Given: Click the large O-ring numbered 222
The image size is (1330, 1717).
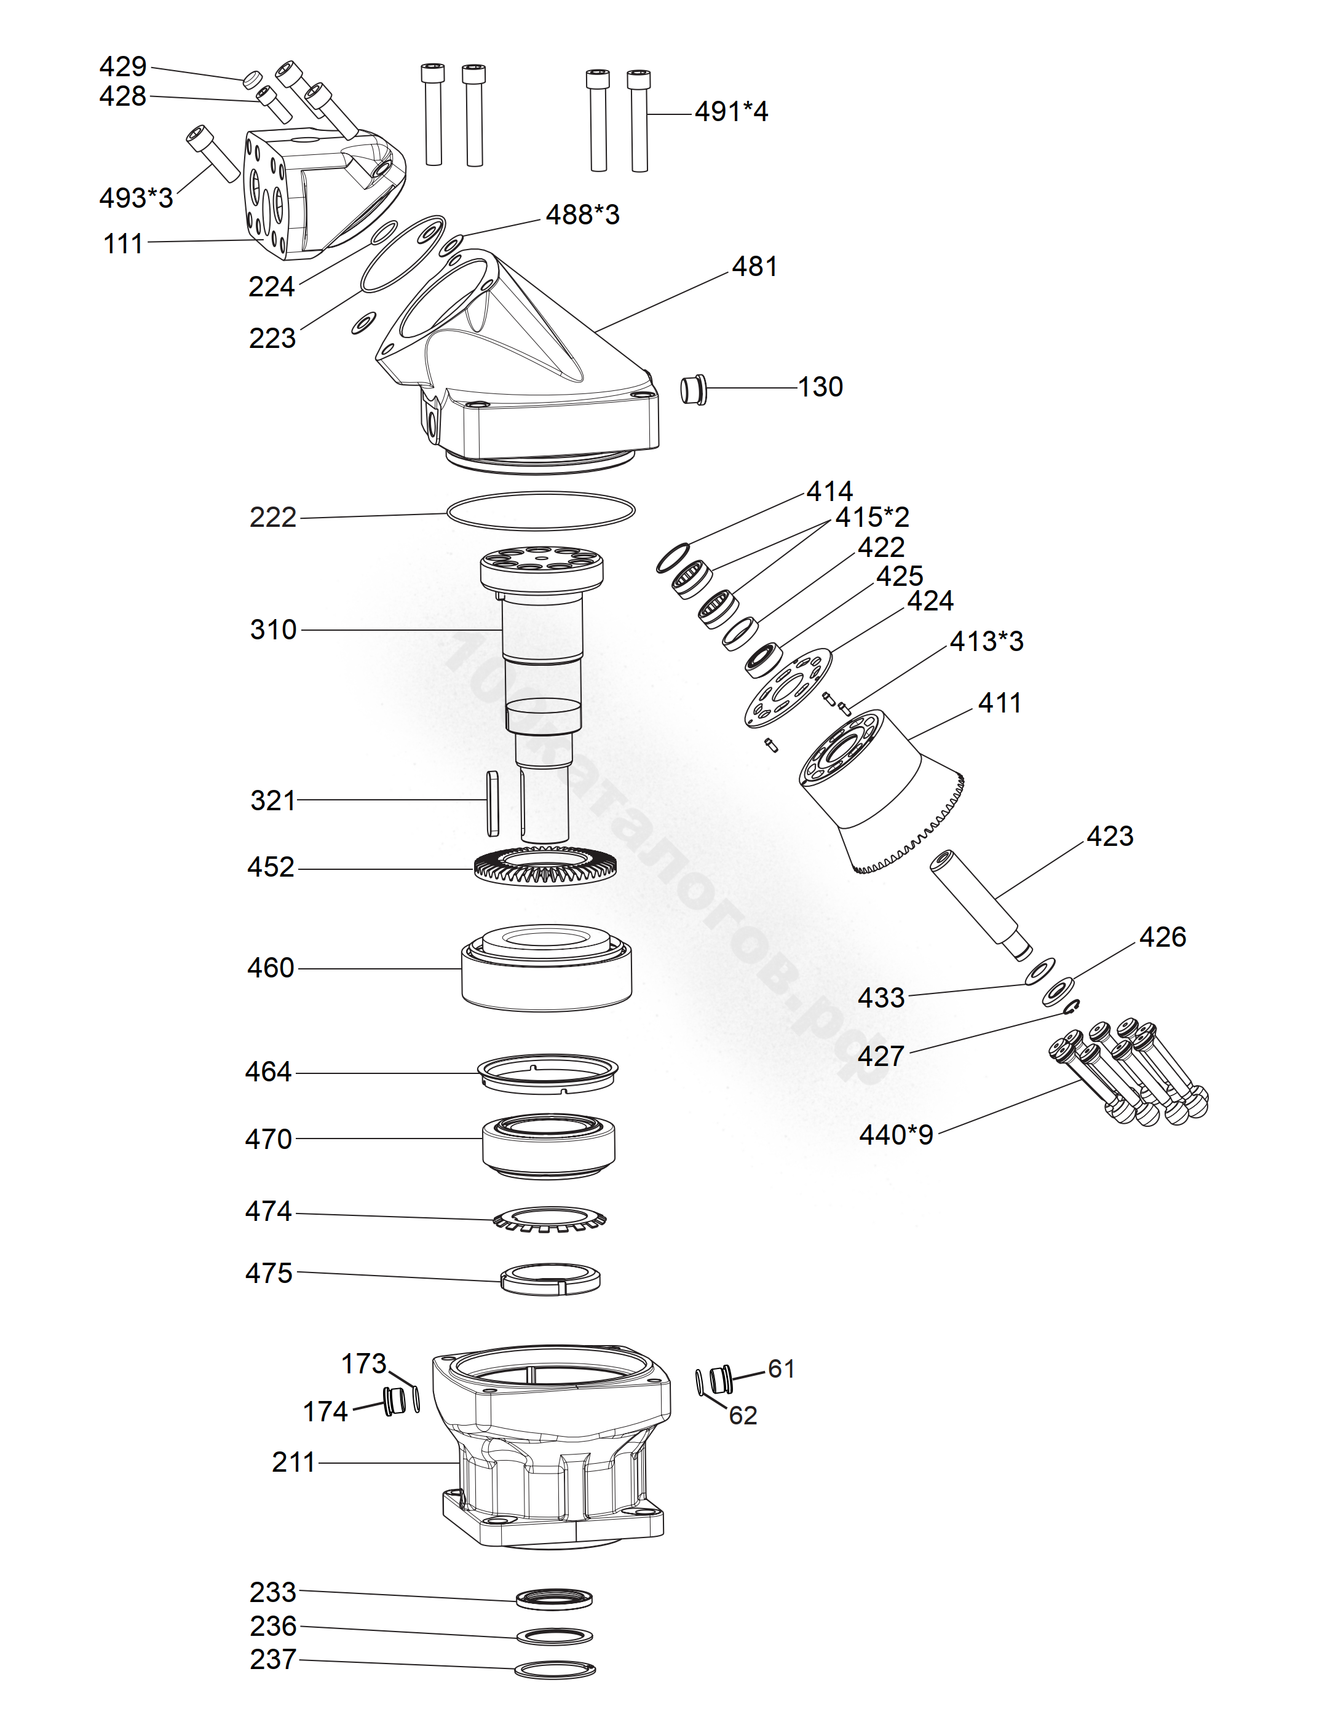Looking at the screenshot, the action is [x=540, y=511].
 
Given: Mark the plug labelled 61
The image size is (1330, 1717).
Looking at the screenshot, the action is [x=721, y=1380].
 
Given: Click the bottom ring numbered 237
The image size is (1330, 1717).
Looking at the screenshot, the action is [x=555, y=1670].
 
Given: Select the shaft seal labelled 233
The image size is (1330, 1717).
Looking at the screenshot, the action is [x=555, y=1598].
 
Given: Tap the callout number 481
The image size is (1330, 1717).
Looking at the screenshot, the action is [x=754, y=267].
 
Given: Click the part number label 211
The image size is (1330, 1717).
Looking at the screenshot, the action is [x=293, y=1462].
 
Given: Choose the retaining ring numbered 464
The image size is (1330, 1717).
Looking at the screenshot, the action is [x=548, y=1072].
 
